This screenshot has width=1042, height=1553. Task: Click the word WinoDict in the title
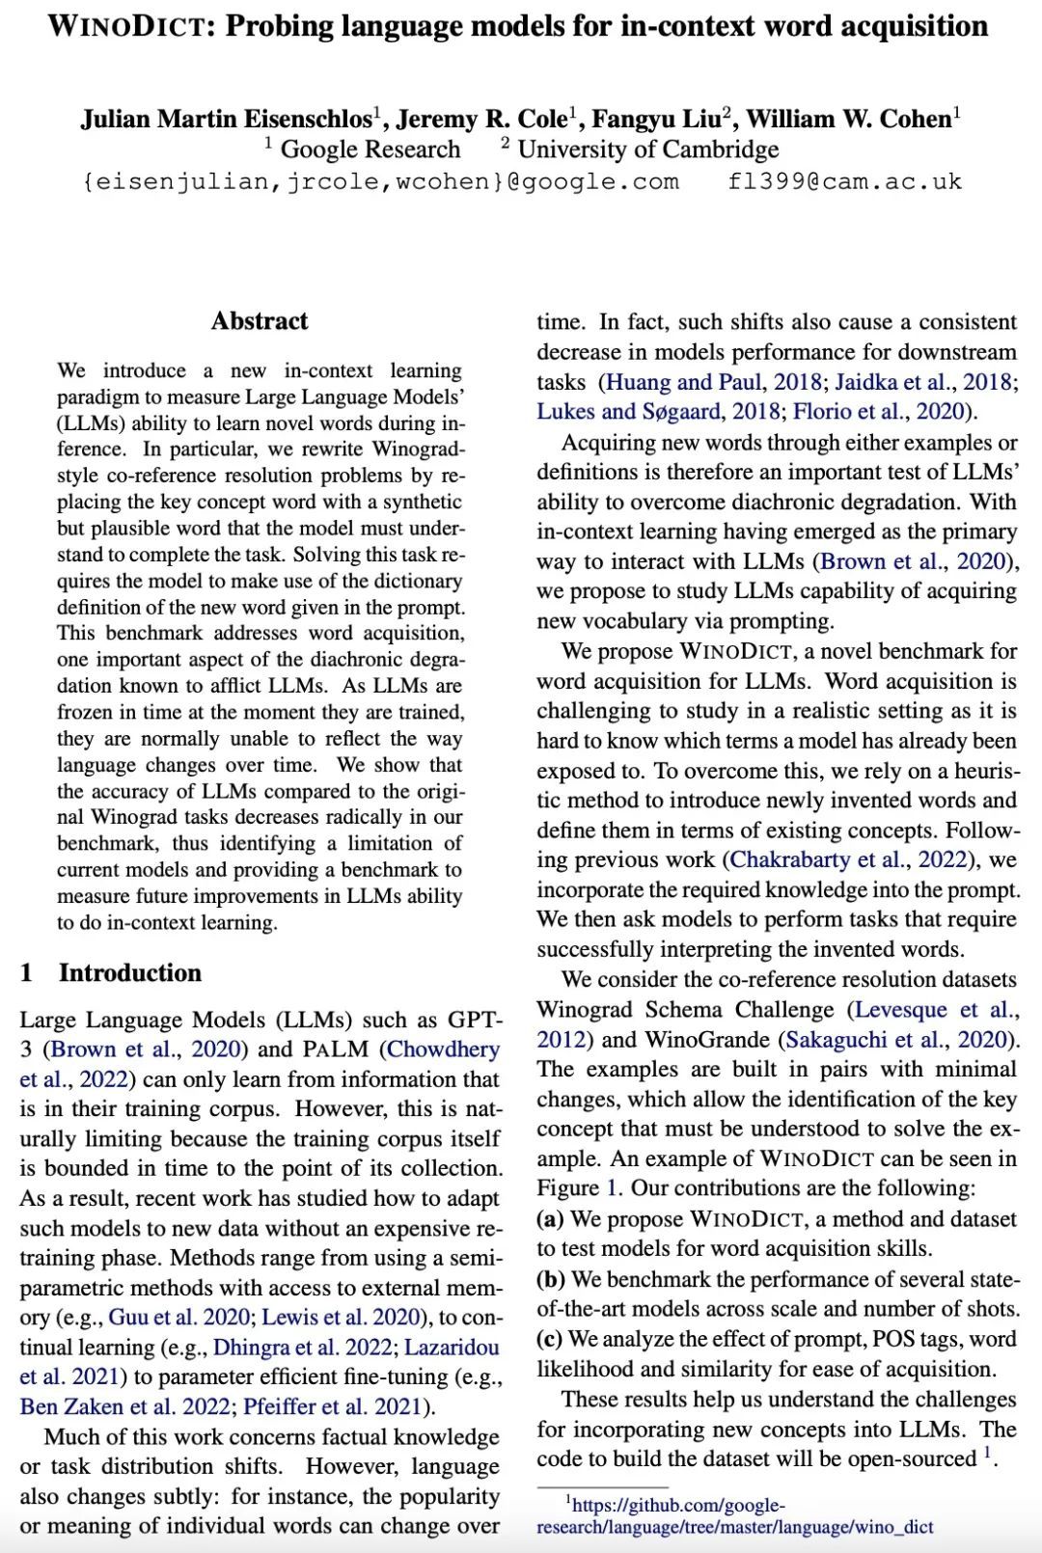(129, 26)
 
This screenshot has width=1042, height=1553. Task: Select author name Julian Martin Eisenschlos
(226, 119)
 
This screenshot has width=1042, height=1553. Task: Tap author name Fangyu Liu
(656, 119)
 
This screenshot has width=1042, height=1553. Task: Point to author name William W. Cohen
(849, 119)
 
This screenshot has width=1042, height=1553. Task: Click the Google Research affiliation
(370, 150)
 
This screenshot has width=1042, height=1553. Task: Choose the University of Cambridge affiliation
(648, 150)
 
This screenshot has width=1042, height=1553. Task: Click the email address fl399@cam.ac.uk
(844, 181)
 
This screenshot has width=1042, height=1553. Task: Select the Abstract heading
(260, 321)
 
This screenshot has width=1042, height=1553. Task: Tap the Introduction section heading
(130, 972)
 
